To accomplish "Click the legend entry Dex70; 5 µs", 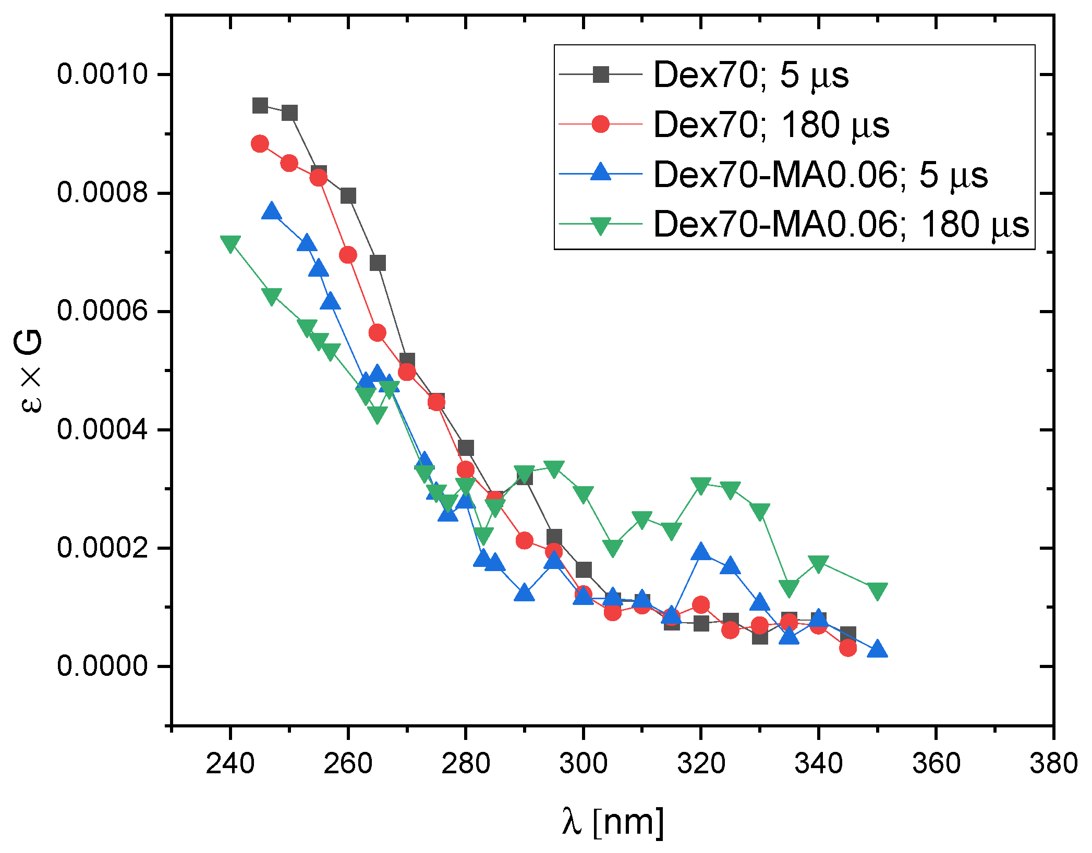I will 750,75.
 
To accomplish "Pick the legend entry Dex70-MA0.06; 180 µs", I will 841,225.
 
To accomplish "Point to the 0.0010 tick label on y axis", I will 103,74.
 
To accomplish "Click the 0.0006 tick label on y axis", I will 103,311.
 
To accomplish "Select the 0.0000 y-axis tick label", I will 103,666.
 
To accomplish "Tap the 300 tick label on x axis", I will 583,764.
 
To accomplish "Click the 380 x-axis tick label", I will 1053,764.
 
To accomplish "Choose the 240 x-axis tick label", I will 230,764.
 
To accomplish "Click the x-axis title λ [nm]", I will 613,822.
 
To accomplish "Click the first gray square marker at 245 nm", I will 260,106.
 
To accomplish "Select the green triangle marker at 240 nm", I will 230,243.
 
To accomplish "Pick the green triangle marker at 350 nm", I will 877,591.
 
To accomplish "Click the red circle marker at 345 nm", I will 848,648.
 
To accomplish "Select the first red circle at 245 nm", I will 260,144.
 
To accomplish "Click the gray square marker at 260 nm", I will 348,196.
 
